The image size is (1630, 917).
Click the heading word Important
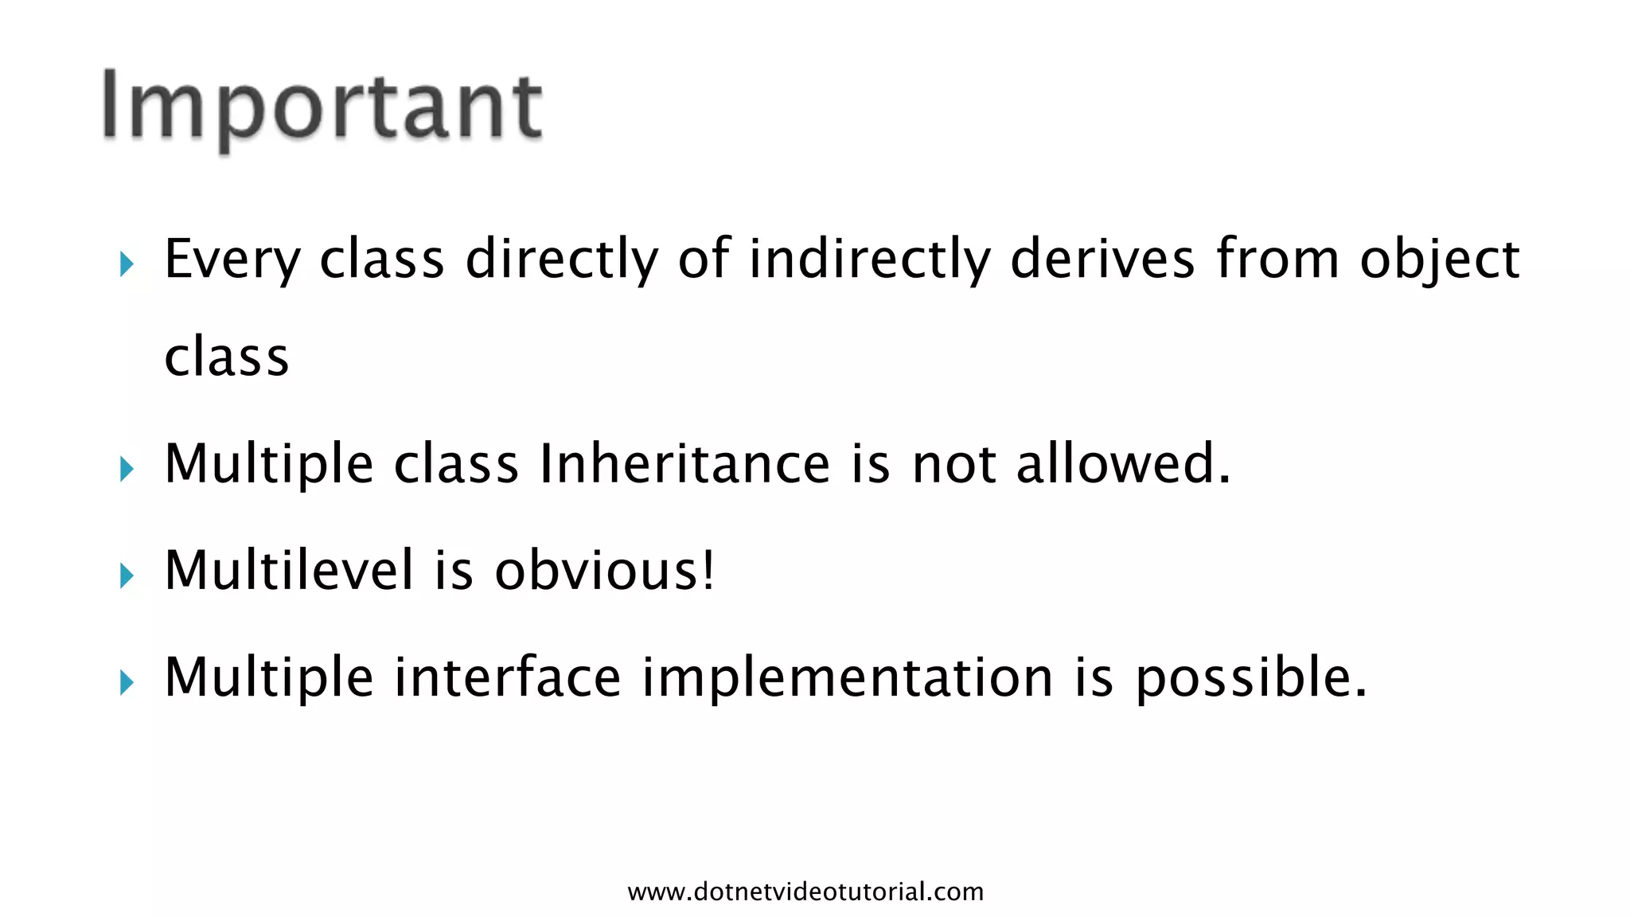tap(322, 107)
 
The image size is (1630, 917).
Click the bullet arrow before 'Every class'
tap(127, 263)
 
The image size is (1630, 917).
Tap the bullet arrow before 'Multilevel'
tap(127, 575)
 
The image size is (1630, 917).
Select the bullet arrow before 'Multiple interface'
tap(127, 681)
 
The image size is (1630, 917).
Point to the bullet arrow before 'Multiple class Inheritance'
tap(127, 468)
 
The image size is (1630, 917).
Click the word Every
tap(232, 259)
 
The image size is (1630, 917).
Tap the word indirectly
tap(869, 259)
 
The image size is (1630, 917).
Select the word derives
tap(1102, 259)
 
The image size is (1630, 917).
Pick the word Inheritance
tap(684, 463)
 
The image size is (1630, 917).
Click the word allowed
tap(1122, 463)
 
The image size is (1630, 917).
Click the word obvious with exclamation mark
tap(605, 570)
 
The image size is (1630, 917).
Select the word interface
tap(507, 677)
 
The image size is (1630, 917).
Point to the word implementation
tap(848, 678)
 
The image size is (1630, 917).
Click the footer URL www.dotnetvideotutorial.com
tap(805, 892)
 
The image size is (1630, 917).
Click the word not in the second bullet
tap(953, 465)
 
